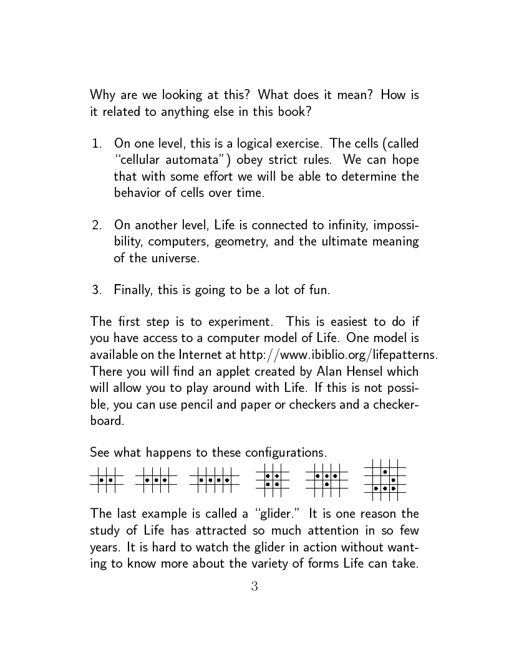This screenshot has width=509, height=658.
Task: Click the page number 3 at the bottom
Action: [254, 586]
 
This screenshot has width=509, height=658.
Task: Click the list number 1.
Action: [96, 144]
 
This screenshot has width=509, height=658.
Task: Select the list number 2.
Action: [96, 225]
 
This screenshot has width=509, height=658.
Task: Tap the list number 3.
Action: [96, 290]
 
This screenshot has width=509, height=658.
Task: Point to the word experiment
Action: [235, 322]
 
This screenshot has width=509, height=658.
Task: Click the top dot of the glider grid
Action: [385, 472]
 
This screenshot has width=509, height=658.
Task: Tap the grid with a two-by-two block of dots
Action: [272, 480]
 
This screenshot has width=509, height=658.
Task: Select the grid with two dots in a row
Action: [106, 480]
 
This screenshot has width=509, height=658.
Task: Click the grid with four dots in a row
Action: [214, 480]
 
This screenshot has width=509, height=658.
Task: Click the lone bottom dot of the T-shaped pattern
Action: [326, 484]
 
